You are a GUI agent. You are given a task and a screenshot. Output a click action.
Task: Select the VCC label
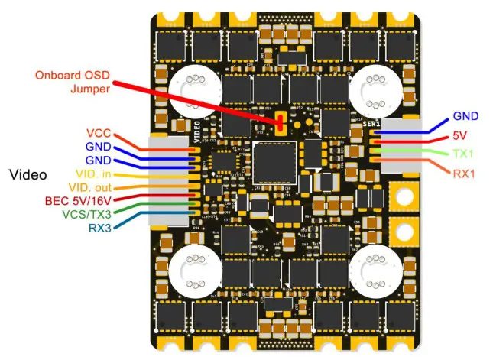[x=99, y=131]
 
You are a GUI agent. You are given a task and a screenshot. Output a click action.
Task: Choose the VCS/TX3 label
[x=86, y=215]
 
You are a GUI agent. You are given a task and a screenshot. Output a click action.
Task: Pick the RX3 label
[x=99, y=228]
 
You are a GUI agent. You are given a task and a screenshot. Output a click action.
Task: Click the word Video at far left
[x=28, y=174]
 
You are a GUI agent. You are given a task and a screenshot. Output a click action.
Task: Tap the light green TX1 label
[x=463, y=154]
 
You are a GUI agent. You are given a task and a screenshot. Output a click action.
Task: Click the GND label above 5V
[x=465, y=116]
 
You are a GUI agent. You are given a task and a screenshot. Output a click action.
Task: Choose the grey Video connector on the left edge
[x=169, y=181]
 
